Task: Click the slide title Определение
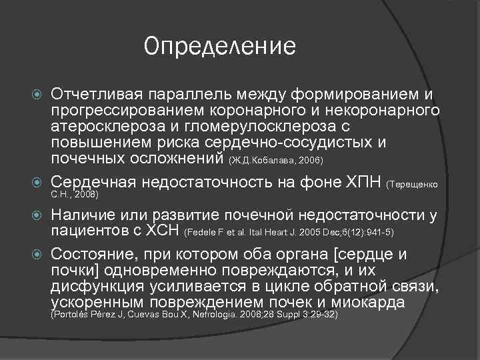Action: (x=219, y=46)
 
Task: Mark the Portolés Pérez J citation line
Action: (x=195, y=314)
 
